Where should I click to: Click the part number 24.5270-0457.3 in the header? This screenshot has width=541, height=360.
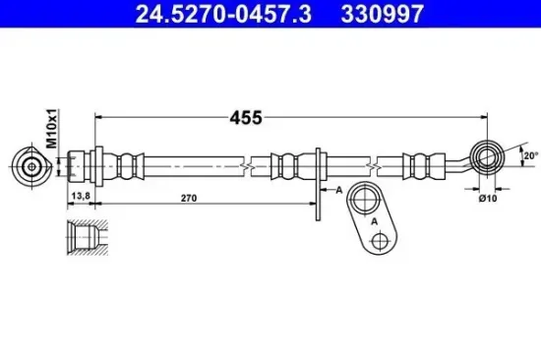tap(223, 14)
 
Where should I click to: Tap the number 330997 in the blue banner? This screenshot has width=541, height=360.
tap(383, 14)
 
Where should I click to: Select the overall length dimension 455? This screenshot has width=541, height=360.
tap(246, 118)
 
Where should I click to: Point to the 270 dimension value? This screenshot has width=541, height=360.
tap(189, 198)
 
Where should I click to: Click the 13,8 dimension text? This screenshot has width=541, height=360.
tap(81, 196)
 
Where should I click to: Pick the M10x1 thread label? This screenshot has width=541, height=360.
tap(52, 129)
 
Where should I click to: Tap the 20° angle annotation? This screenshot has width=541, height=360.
tap(530, 155)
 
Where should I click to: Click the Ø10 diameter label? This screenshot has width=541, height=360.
tap(488, 198)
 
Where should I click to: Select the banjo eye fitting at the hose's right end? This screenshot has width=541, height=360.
tap(487, 157)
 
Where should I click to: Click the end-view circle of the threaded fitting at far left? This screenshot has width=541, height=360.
tap(31, 167)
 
